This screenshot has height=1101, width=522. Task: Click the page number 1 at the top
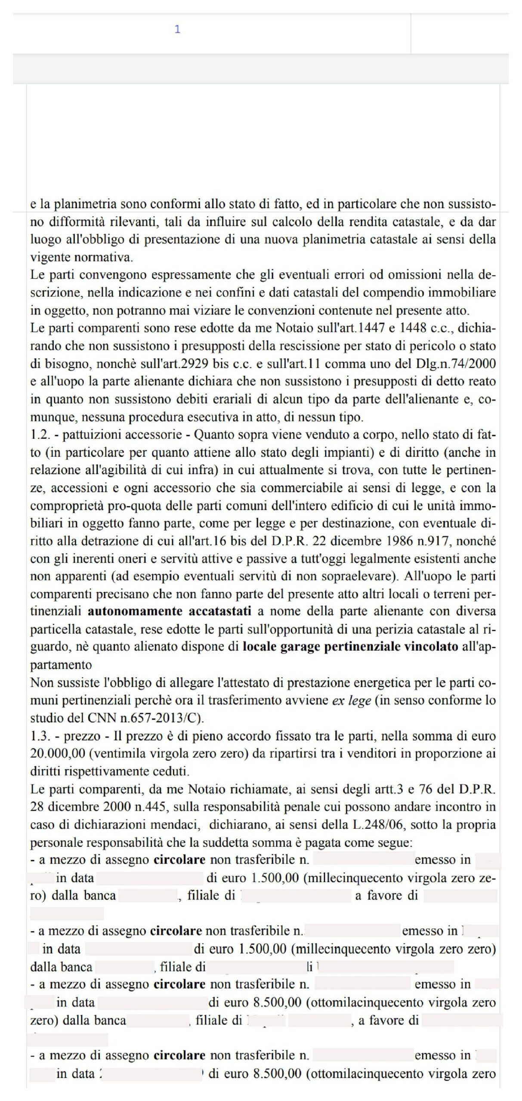point(177,29)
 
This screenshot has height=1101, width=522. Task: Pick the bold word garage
point(299,647)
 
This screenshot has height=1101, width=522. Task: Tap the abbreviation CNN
point(123,718)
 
